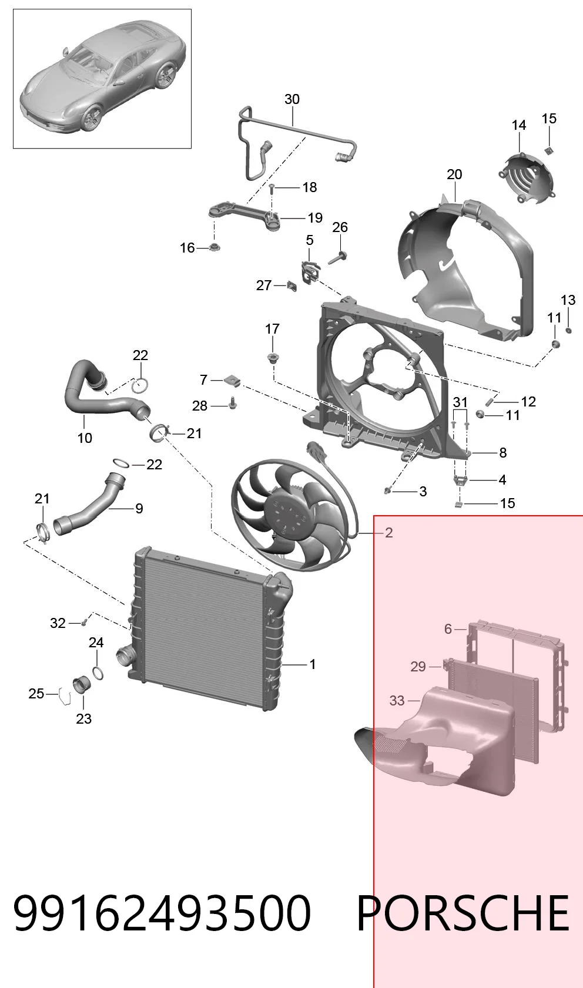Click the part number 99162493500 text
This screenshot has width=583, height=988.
pyautogui.click(x=162, y=913)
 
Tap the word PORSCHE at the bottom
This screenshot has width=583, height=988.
pyautogui.click(x=463, y=913)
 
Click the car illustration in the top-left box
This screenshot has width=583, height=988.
pyautogui.click(x=102, y=79)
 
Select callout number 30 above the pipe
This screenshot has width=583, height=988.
pyautogui.click(x=292, y=99)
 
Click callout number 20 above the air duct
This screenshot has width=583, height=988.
pyautogui.click(x=454, y=174)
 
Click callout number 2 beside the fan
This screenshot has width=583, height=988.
pyautogui.click(x=389, y=533)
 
